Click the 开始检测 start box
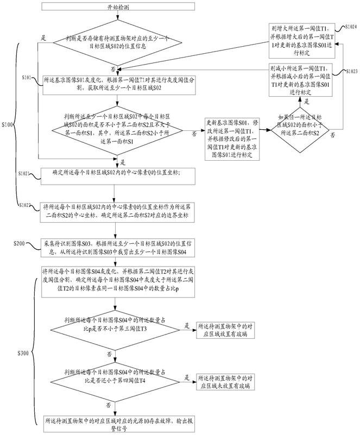pyautogui.click(x=115, y=9)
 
